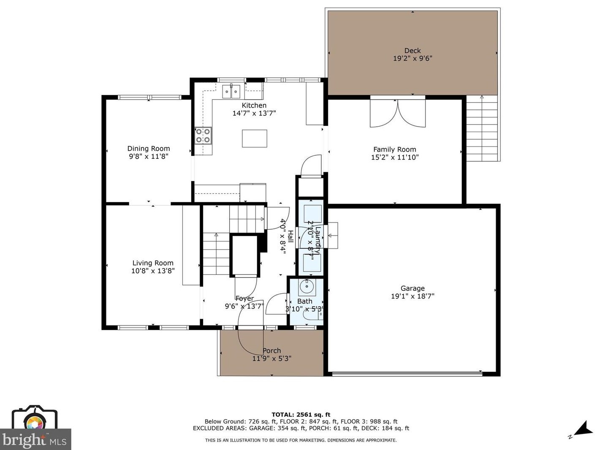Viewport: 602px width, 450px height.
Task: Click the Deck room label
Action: coord(412,51)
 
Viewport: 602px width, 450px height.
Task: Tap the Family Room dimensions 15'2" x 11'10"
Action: coord(394,157)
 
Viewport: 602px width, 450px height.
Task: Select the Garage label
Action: coord(412,288)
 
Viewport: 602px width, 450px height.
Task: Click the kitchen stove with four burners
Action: coord(203,136)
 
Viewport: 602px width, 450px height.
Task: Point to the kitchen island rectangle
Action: coord(254,138)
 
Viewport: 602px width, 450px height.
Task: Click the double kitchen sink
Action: coord(231,91)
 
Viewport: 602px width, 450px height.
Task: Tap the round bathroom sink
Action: coord(306,287)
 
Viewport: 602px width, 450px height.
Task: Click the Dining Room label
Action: coord(149,149)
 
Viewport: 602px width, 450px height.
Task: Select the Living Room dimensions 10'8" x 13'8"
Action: coord(152,271)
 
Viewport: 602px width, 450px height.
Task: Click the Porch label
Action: coord(272,351)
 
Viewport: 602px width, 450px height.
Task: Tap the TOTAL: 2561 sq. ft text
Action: coord(301,415)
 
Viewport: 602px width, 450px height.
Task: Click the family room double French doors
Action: coord(397,112)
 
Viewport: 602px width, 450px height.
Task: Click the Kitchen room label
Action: coord(254,106)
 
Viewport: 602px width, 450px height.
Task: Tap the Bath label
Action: coord(305,301)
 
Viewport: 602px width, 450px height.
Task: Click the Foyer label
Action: coord(245,298)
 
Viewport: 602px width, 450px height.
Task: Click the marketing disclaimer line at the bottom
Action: coord(301,440)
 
